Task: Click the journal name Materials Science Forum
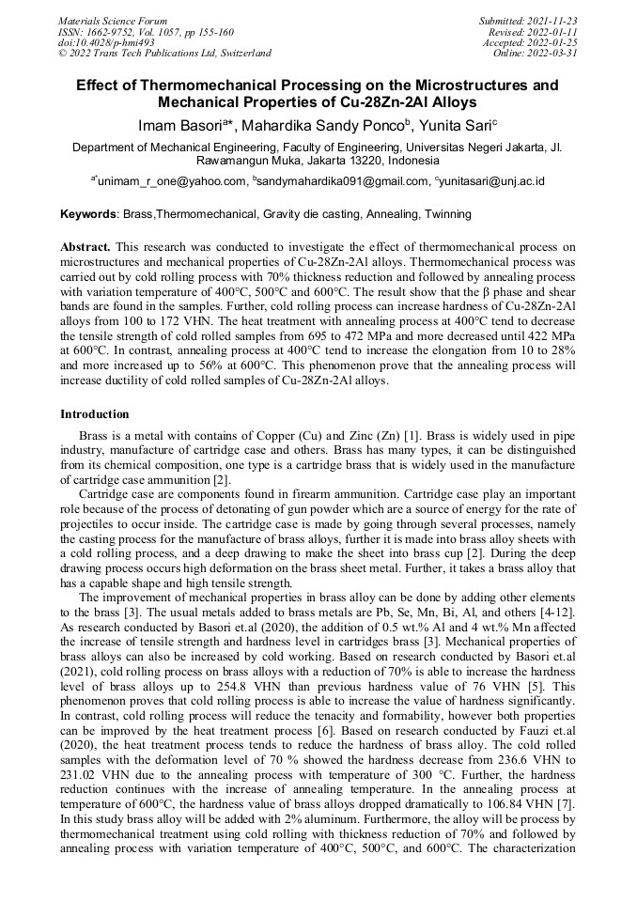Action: [x=113, y=20]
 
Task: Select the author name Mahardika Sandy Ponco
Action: [x=327, y=126]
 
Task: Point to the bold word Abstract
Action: [x=85, y=247]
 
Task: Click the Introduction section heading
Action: [x=95, y=414]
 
